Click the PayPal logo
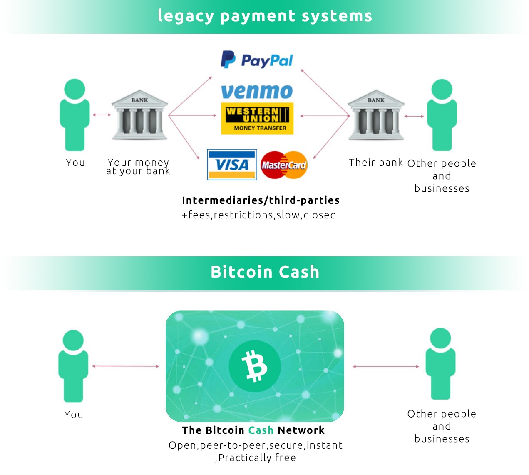pos(256,60)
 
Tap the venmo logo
pos(256,91)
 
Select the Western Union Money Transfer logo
pos(257,118)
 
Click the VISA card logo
pos(232,165)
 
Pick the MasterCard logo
pos(284,165)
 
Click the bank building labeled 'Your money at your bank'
pos(139,115)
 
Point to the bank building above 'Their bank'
pos(376,115)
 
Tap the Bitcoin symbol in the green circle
pos(254,366)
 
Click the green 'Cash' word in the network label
pos(261,430)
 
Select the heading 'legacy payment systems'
pos(265,16)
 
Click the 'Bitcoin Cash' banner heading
pos(265,272)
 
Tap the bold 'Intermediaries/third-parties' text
pos(261,200)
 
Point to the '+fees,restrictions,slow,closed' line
pos(259,215)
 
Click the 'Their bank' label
pos(375,162)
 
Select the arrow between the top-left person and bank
pos(102,115)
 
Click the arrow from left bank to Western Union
pos(192,115)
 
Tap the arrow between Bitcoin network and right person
pos(386,367)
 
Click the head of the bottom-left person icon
pos(73,340)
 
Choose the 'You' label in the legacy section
pos(75,162)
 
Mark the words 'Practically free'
pos(257,457)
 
